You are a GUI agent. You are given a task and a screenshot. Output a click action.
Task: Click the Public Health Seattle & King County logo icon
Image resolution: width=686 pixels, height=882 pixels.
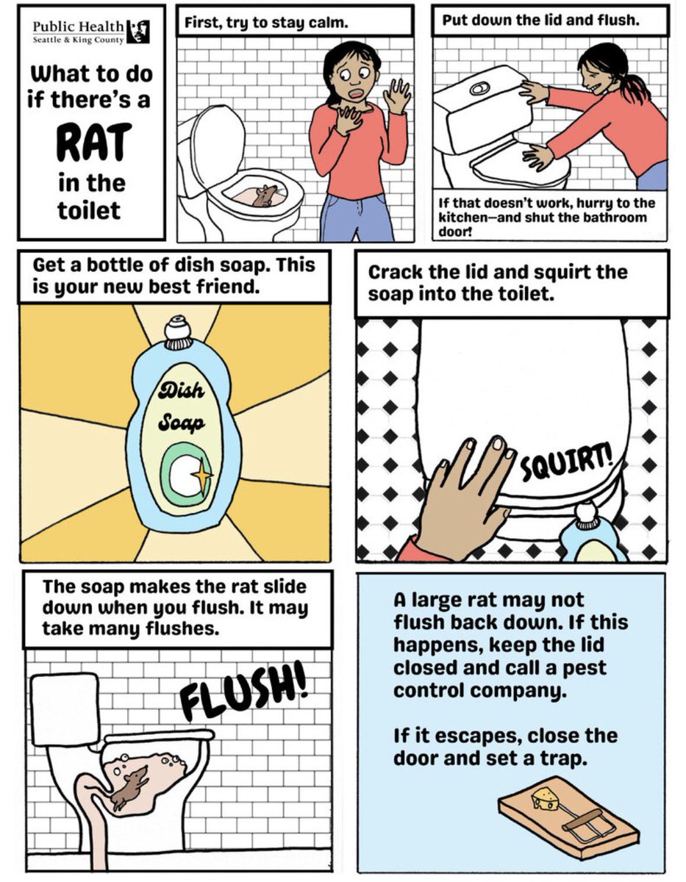[138, 32]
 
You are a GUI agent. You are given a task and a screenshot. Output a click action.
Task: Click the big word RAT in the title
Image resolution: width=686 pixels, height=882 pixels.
[94, 143]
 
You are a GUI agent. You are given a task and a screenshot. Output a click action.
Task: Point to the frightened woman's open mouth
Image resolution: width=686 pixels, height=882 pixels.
[356, 94]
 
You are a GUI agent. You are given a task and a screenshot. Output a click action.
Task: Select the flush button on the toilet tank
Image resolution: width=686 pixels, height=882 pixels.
[479, 88]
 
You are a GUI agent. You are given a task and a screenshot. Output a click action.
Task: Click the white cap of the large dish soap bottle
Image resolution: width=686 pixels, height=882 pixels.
[179, 332]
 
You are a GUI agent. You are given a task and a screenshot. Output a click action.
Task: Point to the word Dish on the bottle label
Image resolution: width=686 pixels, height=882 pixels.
[181, 390]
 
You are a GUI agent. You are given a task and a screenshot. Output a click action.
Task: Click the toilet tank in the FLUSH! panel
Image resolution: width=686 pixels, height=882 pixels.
[65, 710]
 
